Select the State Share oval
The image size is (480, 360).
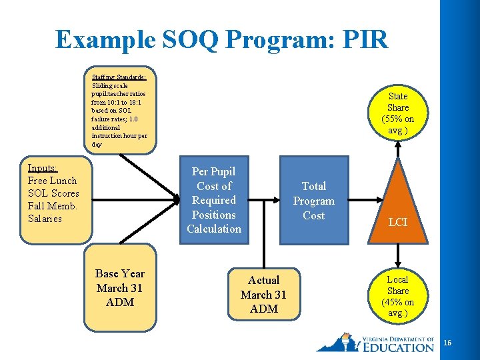click(398, 113)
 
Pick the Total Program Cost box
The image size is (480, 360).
click(313, 201)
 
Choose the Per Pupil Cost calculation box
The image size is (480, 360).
click(214, 200)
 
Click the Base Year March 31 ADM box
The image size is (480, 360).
click(120, 288)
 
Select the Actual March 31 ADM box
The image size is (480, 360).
click(263, 294)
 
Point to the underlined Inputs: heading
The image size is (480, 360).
click(42, 168)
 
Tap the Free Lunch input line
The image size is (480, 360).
click(52, 181)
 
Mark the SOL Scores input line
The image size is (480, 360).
click(53, 193)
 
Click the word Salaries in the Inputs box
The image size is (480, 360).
click(45, 219)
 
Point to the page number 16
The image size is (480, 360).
click(447, 343)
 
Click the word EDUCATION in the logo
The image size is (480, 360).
click(399, 347)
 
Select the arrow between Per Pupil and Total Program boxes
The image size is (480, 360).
click(267, 199)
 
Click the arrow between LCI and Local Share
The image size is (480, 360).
click(398, 254)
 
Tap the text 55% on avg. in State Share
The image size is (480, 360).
click(398, 125)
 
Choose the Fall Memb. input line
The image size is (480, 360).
click(53, 206)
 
